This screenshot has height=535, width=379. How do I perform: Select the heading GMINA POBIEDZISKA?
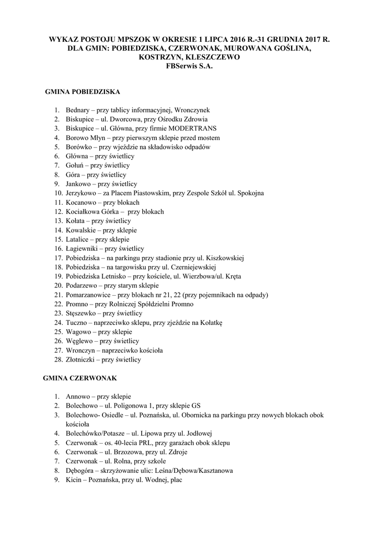(x=83, y=91)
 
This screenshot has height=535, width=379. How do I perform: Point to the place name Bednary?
(x=77, y=110)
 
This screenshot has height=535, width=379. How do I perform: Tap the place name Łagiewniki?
(x=82, y=249)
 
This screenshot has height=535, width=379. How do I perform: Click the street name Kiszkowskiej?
(x=225, y=258)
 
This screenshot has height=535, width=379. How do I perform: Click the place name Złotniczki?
(x=81, y=360)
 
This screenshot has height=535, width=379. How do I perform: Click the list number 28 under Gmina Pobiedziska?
(x=58, y=360)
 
